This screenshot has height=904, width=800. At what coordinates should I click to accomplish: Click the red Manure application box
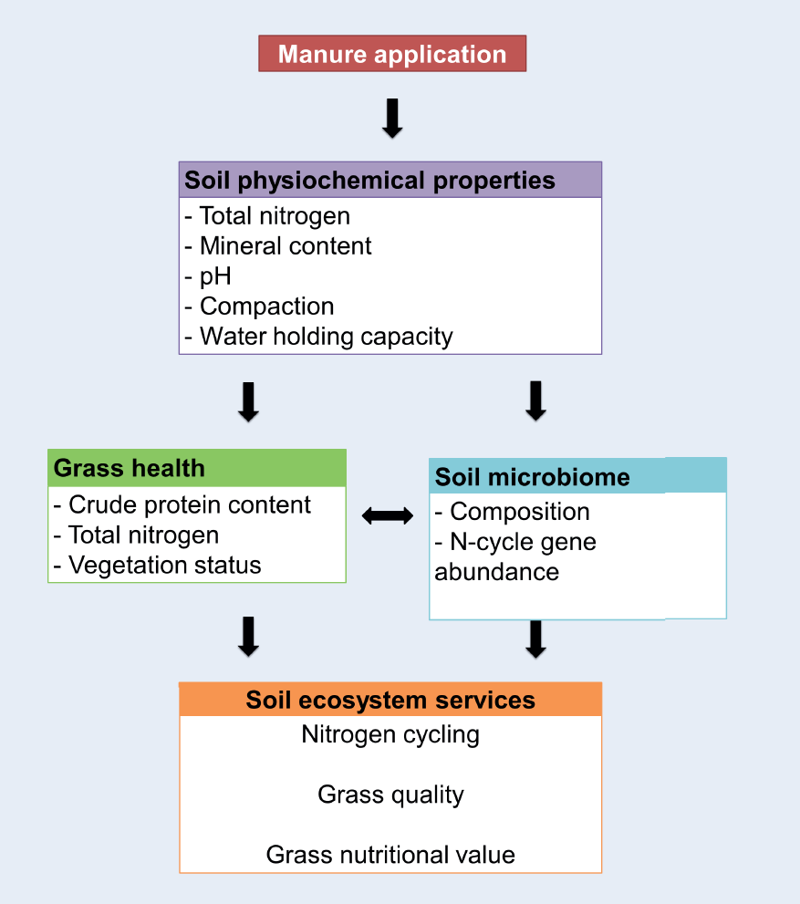(x=392, y=54)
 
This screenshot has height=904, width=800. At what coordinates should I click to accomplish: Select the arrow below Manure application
(x=392, y=119)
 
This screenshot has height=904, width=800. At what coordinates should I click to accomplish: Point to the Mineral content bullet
(x=278, y=246)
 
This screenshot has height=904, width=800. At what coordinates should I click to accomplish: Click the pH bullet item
(x=208, y=276)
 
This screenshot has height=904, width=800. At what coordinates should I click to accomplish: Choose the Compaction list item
(x=259, y=307)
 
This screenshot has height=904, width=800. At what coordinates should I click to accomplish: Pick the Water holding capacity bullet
(x=318, y=337)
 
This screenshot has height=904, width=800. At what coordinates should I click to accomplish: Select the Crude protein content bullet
(x=182, y=505)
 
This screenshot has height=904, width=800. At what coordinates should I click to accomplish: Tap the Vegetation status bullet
(x=158, y=566)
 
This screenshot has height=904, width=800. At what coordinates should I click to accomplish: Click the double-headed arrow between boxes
(x=388, y=516)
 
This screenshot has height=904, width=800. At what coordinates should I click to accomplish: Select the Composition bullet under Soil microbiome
(x=512, y=512)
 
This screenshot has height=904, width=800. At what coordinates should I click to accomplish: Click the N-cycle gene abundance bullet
(x=515, y=556)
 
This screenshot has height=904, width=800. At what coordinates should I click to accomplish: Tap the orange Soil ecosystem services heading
(x=390, y=700)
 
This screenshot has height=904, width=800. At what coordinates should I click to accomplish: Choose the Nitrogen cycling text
(x=390, y=734)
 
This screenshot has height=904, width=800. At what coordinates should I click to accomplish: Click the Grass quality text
(x=390, y=795)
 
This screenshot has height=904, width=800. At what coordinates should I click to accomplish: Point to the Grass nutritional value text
(x=390, y=855)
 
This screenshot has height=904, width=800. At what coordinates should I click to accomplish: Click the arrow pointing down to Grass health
(x=248, y=401)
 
